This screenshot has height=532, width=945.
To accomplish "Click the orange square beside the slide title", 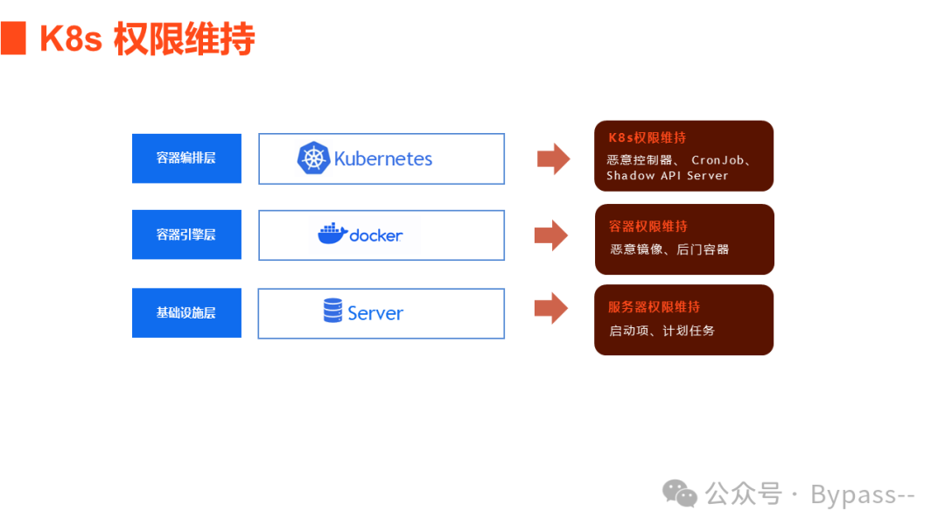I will pyautogui.click(x=13, y=39).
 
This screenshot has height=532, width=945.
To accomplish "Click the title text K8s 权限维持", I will pyautogui.click(x=147, y=39).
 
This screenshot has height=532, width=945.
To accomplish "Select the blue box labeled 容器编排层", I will pyautogui.click(x=186, y=158).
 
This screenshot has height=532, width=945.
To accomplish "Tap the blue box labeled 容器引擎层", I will pyautogui.click(x=186, y=234).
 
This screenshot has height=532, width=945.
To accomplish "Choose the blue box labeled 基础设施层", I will pyautogui.click(x=186, y=312).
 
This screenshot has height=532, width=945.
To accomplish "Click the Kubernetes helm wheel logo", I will pyautogui.click(x=312, y=158).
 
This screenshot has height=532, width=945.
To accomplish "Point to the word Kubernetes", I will pyautogui.click(x=383, y=159).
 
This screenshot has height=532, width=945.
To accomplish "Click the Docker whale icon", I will pyautogui.click(x=332, y=234).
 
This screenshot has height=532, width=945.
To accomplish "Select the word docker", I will pyautogui.click(x=376, y=235).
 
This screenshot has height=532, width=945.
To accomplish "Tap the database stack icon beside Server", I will pyautogui.click(x=332, y=311).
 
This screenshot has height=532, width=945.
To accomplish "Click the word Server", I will pyautogui.click(x=375, y=313).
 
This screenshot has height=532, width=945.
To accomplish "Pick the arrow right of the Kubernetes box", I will pyautogui.click(x=553, y=158).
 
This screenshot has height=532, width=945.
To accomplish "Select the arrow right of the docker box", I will pyautogui.click(x=551, y=234).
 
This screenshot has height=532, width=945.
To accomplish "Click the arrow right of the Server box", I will pyautogui.click(x=551, y=308).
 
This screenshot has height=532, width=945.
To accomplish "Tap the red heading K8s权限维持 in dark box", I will pyautogui.click(x=647, y=137).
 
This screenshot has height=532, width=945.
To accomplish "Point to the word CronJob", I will pyautogui.click(x=718, y=160).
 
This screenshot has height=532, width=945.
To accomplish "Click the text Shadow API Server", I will pyautogui.click(x=667, y=176).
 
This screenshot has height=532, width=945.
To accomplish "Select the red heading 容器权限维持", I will pyautogui.click(x=648, y=227).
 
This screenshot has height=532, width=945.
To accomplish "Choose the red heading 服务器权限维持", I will pyautogui.click(x=654, y=307).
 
